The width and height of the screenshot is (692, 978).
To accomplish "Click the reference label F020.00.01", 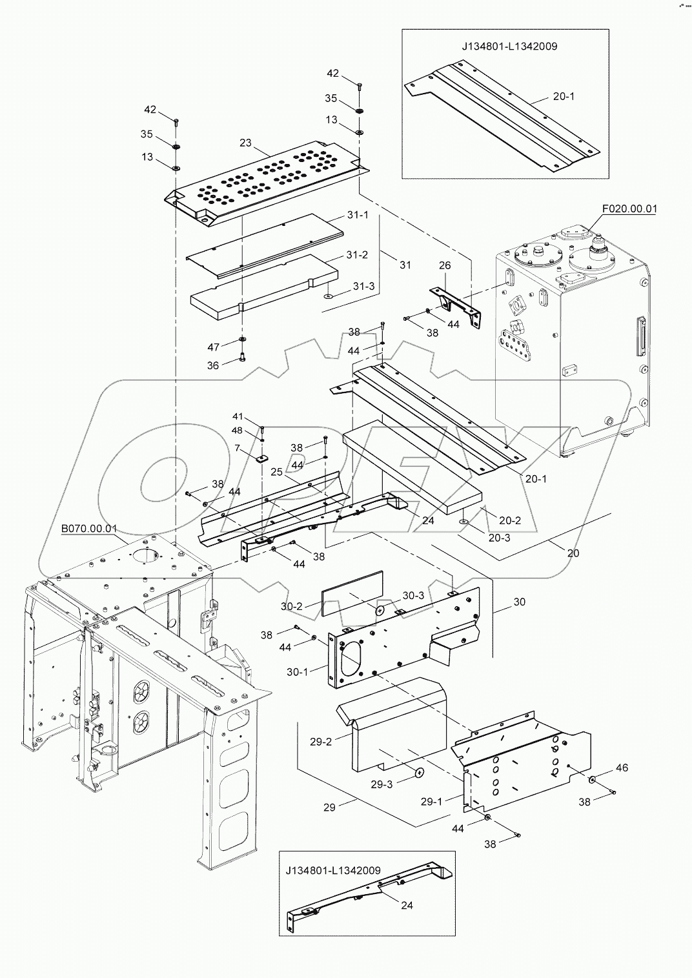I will click(629, 209).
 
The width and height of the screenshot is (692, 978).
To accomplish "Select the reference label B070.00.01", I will click(89, 528).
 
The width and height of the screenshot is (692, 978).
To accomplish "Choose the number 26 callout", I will click(445, 265).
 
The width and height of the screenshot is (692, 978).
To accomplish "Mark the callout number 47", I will click(214, 347).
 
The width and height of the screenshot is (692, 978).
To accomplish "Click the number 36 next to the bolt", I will click(213, 365).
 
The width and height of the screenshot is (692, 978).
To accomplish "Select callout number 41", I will click(239, 416).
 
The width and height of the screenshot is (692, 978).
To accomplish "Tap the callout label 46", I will click(621, 768).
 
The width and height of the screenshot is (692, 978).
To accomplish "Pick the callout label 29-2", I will click(320, 742).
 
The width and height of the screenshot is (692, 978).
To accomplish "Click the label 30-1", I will click(297, 671).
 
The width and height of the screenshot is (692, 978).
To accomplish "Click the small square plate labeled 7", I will click(261, 459).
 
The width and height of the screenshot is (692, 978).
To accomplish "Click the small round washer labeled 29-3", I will click(420, 772).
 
